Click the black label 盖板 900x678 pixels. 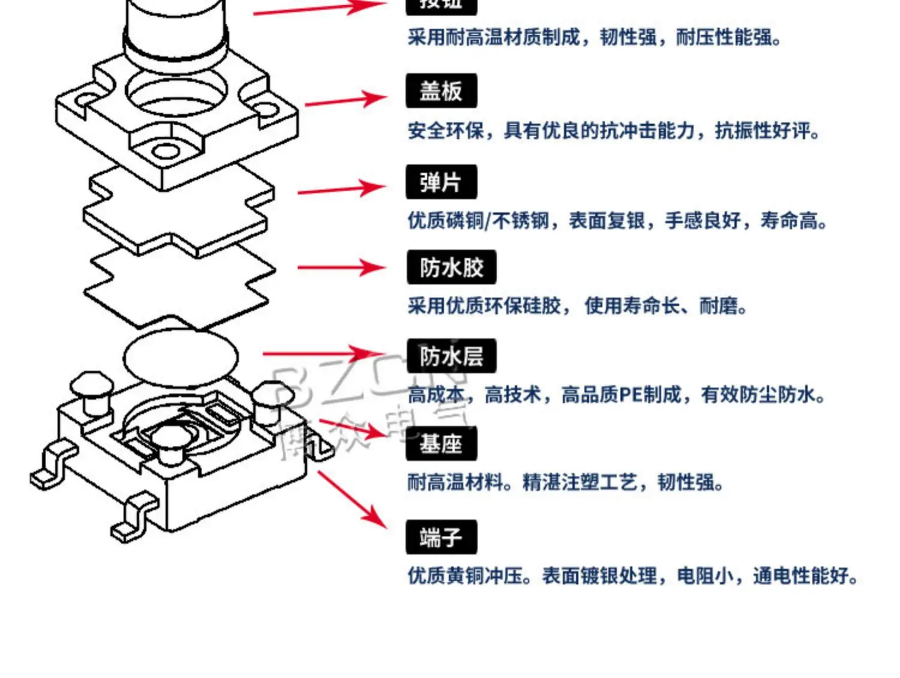tap(441, 91)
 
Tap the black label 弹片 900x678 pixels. tap(441, 182)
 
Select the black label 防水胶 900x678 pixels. tap(451, 268)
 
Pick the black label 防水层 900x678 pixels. tap(451, 356)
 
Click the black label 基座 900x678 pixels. tap(441, 445)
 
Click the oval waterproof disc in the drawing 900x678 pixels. tap(181, 358)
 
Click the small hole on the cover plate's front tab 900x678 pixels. tap(164, 149)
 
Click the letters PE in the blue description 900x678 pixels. tap(631, 395)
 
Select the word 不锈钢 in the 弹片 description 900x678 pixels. tap(521, 221)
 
